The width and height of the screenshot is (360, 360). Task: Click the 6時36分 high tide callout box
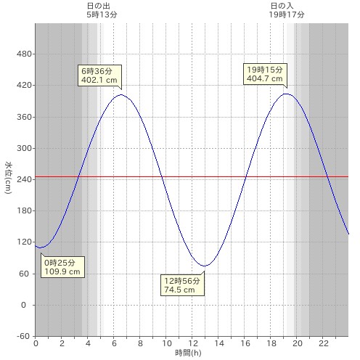99,75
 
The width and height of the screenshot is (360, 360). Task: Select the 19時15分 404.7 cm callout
265,74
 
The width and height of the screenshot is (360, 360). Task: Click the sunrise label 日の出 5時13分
102,10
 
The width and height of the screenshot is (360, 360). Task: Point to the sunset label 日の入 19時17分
287,10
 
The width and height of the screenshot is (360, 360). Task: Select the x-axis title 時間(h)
188,353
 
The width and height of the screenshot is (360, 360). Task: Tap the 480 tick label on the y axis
24,54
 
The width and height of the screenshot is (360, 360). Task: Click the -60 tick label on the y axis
23,336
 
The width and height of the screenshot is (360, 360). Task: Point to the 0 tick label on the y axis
23,305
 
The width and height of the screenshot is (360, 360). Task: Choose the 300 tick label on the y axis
24,148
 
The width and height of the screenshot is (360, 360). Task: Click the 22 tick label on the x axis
324,343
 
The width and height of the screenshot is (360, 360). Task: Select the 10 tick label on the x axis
167,343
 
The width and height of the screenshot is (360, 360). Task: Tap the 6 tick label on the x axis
114,343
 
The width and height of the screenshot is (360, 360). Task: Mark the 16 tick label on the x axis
245,343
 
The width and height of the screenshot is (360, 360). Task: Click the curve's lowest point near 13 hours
205,266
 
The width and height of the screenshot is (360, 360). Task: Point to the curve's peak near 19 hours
287,94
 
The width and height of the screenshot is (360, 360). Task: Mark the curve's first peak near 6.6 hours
121,94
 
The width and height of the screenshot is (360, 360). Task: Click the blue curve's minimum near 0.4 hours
41,247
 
